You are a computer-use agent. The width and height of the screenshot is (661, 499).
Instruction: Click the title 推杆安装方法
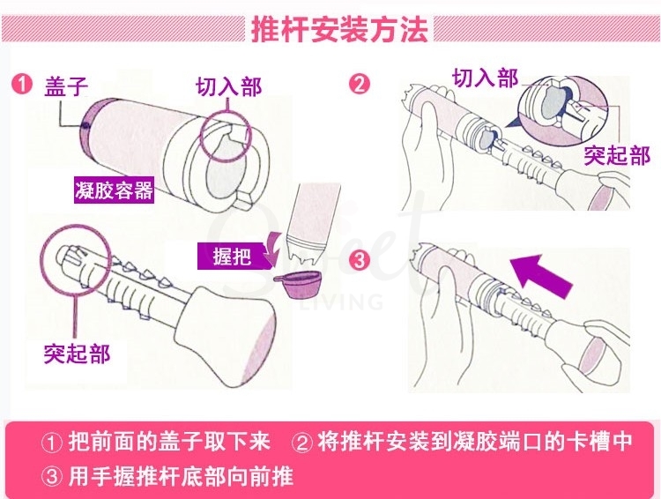(339, 29)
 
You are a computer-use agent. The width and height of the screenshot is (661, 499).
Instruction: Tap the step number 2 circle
(360, 86)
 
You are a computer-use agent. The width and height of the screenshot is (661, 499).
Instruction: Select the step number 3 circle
(360, 261)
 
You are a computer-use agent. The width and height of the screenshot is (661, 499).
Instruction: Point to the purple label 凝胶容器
(114, 190)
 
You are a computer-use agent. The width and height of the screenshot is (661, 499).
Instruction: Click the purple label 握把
(232, 257)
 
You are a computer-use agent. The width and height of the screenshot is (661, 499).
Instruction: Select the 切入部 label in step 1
(228, 87)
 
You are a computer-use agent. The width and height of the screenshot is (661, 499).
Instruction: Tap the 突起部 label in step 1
(77, 354)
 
